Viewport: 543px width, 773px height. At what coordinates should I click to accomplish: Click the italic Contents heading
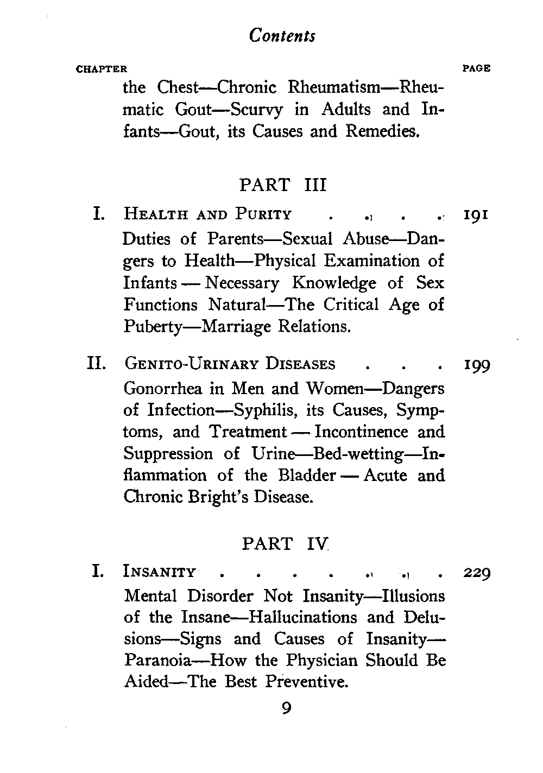282,35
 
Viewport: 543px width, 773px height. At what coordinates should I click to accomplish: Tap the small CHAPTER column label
102,69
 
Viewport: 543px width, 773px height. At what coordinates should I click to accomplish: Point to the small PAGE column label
476,69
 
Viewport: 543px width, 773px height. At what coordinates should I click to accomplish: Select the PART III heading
283,185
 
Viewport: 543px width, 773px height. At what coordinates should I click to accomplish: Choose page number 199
476,365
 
